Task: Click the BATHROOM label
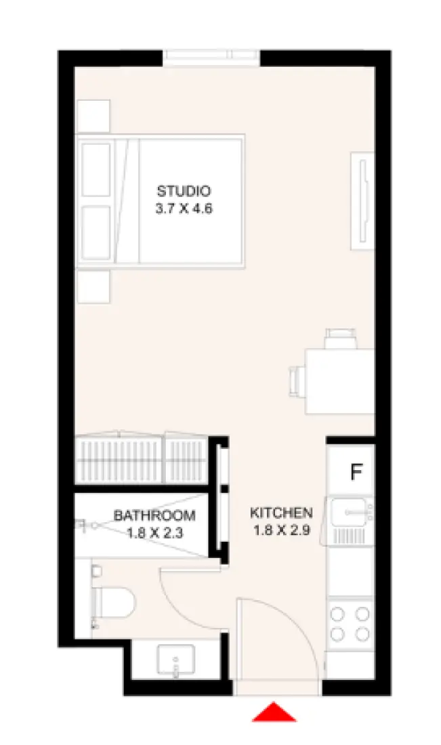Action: [154, 515]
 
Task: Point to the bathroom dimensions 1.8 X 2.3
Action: [154, 532]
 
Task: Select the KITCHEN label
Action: [281, 513]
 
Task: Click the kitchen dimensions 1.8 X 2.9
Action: [281, 530]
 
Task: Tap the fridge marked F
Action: [355, 472]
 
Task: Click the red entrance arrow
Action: [274, 712]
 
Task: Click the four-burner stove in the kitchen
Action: [350, 624]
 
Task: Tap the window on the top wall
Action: [211, 58]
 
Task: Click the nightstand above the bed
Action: [93, 116]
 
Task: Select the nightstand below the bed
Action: [93, 286]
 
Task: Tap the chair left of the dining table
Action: [297, 380]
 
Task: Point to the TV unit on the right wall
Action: [361, 201]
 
